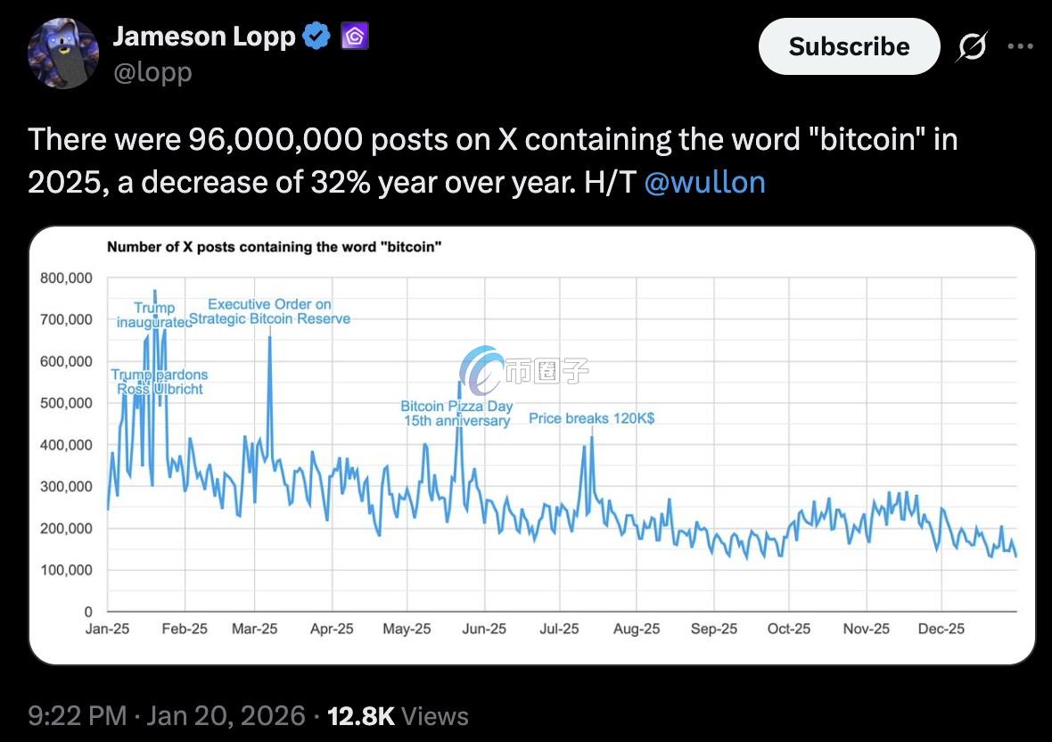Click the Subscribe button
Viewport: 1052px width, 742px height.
point(849,46)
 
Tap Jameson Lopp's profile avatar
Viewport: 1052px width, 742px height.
point(63,53)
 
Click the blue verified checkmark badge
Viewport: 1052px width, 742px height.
point(316,37)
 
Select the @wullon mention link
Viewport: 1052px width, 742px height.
point(703,182)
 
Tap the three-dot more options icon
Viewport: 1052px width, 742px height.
point(1020,46)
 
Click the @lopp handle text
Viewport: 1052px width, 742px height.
point(152,72)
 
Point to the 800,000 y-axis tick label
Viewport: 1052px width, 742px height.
point(66,278)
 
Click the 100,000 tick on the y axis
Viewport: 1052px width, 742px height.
point(66,570)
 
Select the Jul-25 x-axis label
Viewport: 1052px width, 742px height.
point(559,629)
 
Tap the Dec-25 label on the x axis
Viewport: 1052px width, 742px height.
point(941,629)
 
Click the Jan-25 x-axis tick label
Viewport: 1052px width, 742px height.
point(108,629)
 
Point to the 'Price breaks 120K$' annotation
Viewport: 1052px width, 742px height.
point(592,417)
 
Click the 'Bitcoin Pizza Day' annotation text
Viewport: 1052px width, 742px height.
point(456,407)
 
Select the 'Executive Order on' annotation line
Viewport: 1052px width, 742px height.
point(269,305)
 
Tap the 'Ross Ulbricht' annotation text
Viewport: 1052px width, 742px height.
point(160,389)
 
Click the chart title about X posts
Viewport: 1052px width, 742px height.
point(274,247)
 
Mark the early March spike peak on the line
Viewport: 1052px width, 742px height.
point(269,337)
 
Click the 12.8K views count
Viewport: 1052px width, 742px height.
point(361,715)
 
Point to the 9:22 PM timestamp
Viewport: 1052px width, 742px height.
point(78,715)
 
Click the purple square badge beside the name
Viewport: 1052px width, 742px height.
point(354,37)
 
